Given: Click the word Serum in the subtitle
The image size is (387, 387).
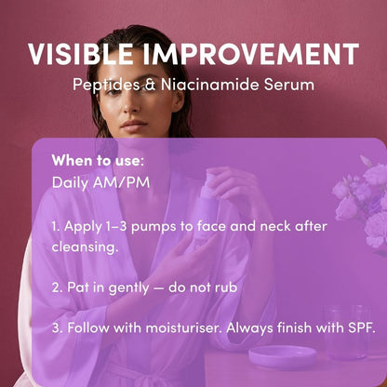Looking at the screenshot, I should pos(289,86).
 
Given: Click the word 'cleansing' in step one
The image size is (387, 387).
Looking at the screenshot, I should pos(87,248).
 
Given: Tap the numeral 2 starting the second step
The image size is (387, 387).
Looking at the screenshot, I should pos(56,287).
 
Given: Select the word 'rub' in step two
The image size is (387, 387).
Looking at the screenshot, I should pos(226,287).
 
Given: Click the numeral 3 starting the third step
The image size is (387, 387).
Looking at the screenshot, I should pos(56,327).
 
